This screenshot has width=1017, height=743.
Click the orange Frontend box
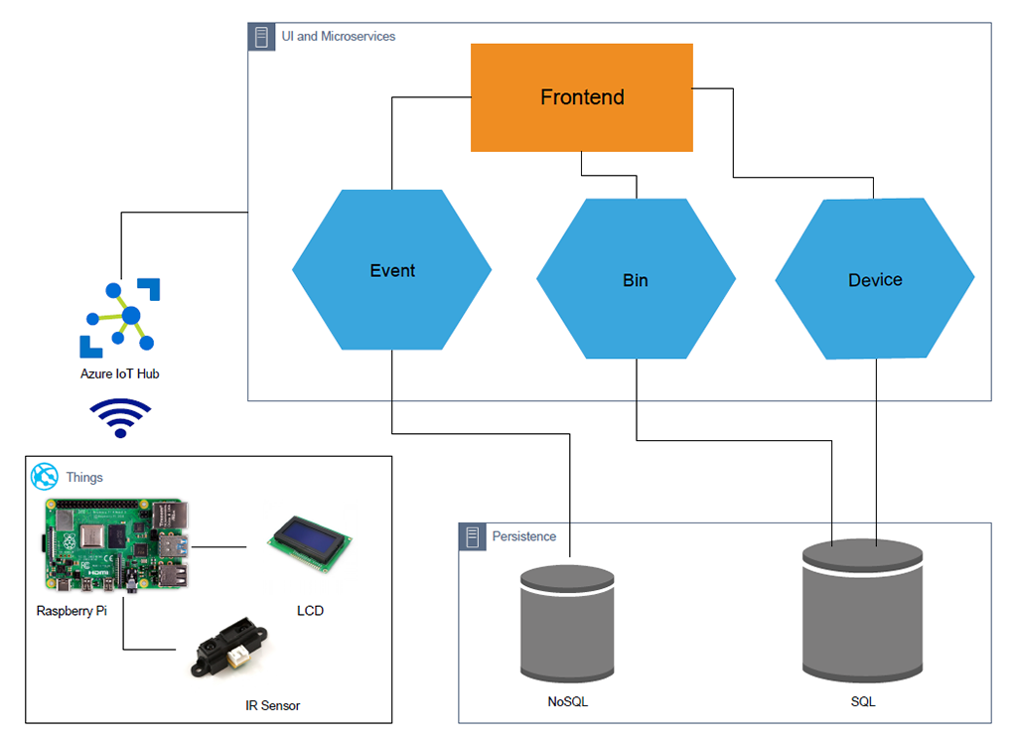click(x=581, y=97)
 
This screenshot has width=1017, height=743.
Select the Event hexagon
click(x=391, y=270)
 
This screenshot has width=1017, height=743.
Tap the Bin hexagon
click(x=636, y=279)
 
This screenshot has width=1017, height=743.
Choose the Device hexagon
click(x=875, y=279)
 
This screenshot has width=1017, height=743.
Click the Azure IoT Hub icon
click(x=120, y=318)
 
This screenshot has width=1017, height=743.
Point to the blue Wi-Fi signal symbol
click(x=120, y=417)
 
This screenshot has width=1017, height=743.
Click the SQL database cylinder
click(x=863, y=612)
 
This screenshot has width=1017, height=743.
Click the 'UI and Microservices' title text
click(x=338, y=37)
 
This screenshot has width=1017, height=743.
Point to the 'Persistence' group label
click(x=524, y=536)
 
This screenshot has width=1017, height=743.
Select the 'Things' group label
click(x=84, y=477)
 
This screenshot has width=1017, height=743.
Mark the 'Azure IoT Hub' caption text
click(x=120, y=374)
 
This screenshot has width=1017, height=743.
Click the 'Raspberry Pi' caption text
click(x=72, y=610)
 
